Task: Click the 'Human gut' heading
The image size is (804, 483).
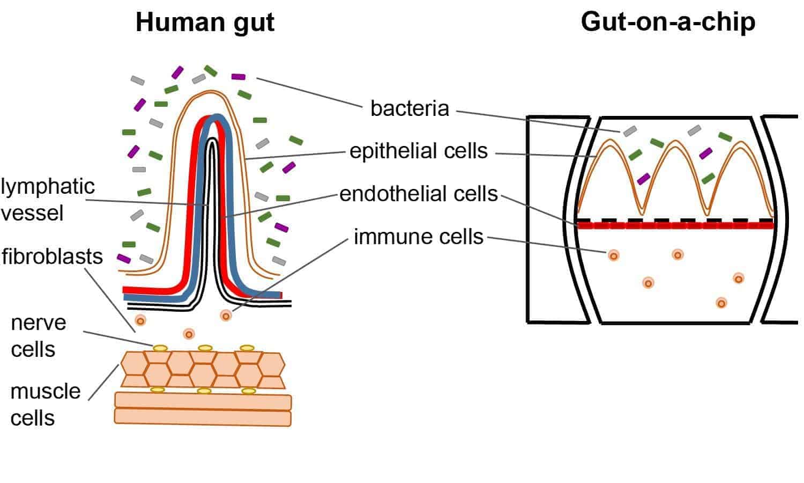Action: (x=205, y=23)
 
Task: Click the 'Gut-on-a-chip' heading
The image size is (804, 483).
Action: (x=668, y=22)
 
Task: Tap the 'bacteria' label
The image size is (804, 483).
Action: (x=410, y=108)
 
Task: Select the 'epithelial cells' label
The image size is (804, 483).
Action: (x=419, y=151)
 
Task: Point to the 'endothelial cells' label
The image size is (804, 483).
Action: (x=419, y=194)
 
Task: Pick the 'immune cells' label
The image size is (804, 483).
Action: (x=419, y=237)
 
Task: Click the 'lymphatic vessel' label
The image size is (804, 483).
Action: (x=47, y=200)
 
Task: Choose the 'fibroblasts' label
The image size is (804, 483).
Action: (x=52, y=257)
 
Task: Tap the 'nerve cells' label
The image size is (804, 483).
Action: (x=38, y=336)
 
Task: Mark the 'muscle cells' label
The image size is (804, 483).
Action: (x=45, y=405)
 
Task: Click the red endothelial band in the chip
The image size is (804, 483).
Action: (x=675, y=225)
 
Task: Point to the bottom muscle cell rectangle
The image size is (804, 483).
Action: (x=203, y=418)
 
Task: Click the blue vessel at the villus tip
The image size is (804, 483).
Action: (x=217, y=119)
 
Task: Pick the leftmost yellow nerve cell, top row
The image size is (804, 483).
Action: (x=160, y=348)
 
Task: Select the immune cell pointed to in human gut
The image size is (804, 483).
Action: (x=226, y=316)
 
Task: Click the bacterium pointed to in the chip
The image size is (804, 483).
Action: (x=630, y=131)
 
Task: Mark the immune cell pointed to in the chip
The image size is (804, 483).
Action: (x=614, y=255)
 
